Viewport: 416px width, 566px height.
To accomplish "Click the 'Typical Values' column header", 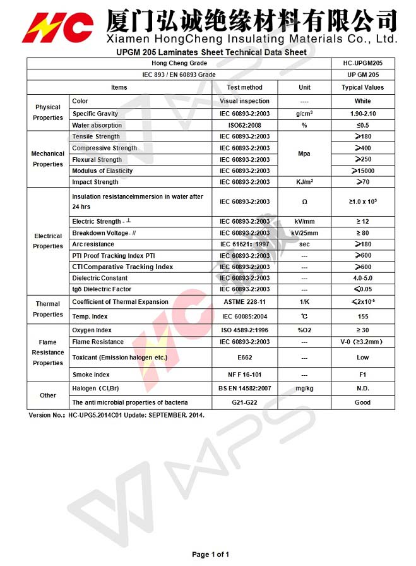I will click(362, 87).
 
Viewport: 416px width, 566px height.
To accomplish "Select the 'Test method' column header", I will click(244, 87).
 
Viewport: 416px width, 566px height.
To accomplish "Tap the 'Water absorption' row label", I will click(97, 125).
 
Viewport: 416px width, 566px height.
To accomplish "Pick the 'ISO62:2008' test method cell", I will click(244, 125).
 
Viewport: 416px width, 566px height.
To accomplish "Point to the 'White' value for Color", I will click(362, 101).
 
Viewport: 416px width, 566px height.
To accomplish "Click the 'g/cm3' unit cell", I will click(304, 114).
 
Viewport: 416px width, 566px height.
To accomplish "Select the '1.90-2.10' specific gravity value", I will click(362, 114).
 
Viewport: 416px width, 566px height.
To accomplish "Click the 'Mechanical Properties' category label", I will click(48, 159).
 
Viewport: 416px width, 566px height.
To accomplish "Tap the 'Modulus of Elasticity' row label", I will click(102, 171).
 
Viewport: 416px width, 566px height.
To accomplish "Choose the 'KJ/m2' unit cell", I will click(304, 182).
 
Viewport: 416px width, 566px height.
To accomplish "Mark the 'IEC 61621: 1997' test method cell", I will click(244, 244).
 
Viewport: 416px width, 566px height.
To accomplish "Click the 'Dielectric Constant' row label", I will click(100, 278).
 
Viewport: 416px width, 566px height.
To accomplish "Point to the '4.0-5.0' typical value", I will click(362, 278).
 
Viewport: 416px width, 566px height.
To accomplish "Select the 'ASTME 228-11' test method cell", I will click(244, 302).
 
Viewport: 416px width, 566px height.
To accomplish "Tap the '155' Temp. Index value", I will click(362, 316).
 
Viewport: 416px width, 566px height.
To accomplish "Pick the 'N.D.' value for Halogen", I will click(362, 388).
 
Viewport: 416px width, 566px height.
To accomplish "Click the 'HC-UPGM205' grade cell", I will click(362, 63).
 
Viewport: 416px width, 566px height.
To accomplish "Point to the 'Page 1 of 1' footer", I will click(210, 555).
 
